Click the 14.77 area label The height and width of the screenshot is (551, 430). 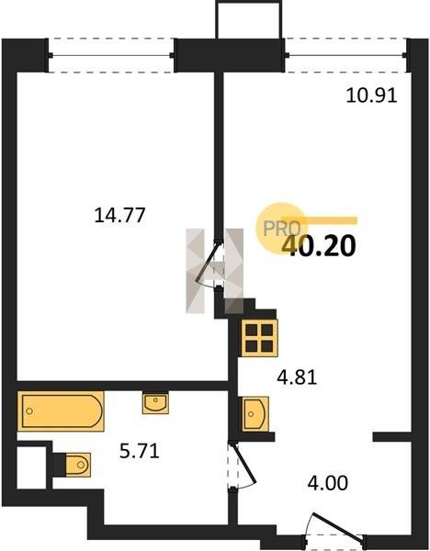coord(119,215)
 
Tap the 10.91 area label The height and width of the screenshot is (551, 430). coord(371,96)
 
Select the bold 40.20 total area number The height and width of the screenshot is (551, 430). coord(319,246)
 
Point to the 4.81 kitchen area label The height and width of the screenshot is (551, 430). coord(297,377)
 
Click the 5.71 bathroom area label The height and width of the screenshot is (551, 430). coord(140,451)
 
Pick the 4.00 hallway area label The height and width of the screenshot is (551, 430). coord(328,483)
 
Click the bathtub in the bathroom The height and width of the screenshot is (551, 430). coord(61,410)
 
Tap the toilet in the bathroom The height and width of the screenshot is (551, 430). coord(76,465)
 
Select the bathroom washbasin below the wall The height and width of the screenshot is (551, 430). coord(155,403)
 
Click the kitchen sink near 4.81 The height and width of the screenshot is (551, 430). coord(254,413)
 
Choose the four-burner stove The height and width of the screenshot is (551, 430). coord(259,338)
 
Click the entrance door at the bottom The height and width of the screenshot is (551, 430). coord(335,527)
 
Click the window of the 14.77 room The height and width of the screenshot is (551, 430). coord(111,55)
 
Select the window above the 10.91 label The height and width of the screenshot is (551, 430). coord(346,55)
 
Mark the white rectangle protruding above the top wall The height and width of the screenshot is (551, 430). coord(249,19)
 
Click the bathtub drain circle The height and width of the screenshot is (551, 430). coord(29,410)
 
